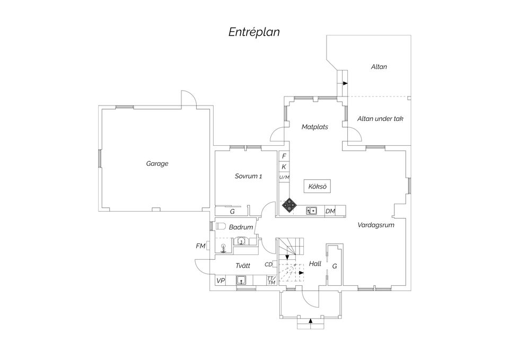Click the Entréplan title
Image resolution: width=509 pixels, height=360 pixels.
[x=254, y=32]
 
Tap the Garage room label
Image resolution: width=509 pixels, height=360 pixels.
[x=157, y=164]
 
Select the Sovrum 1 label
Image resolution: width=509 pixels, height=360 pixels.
[x=248, y=176]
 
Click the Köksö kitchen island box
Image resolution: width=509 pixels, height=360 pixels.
[x=318, y=186]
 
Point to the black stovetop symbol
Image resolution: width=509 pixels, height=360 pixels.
[x=289, y=205]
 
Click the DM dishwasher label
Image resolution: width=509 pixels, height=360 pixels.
[x=330, y=212]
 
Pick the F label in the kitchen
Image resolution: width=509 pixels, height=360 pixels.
[x=284, y=156]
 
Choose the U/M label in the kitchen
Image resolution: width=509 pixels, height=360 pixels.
[x=284, y=177]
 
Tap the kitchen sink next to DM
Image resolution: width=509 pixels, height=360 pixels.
[x=311, y=211]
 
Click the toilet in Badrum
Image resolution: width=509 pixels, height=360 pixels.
[x=221, y=226]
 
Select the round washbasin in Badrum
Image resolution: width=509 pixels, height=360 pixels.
[x=241, y=241]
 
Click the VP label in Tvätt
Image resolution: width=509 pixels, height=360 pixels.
[x=221, y=281]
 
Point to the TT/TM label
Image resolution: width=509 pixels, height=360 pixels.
[x=271, y=280]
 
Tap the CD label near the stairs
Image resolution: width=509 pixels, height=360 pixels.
[x=268, y=265]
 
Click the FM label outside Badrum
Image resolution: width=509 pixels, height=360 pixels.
[x=200, y=247]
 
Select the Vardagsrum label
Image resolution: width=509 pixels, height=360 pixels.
[x=376, y=225]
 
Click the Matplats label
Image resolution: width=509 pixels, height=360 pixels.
[x=314, y=127]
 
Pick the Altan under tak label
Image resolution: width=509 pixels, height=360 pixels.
[x=380, y=119]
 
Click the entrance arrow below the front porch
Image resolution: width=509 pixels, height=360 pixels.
[x=310, y=321]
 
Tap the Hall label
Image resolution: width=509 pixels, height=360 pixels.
[x=315, y=264]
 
